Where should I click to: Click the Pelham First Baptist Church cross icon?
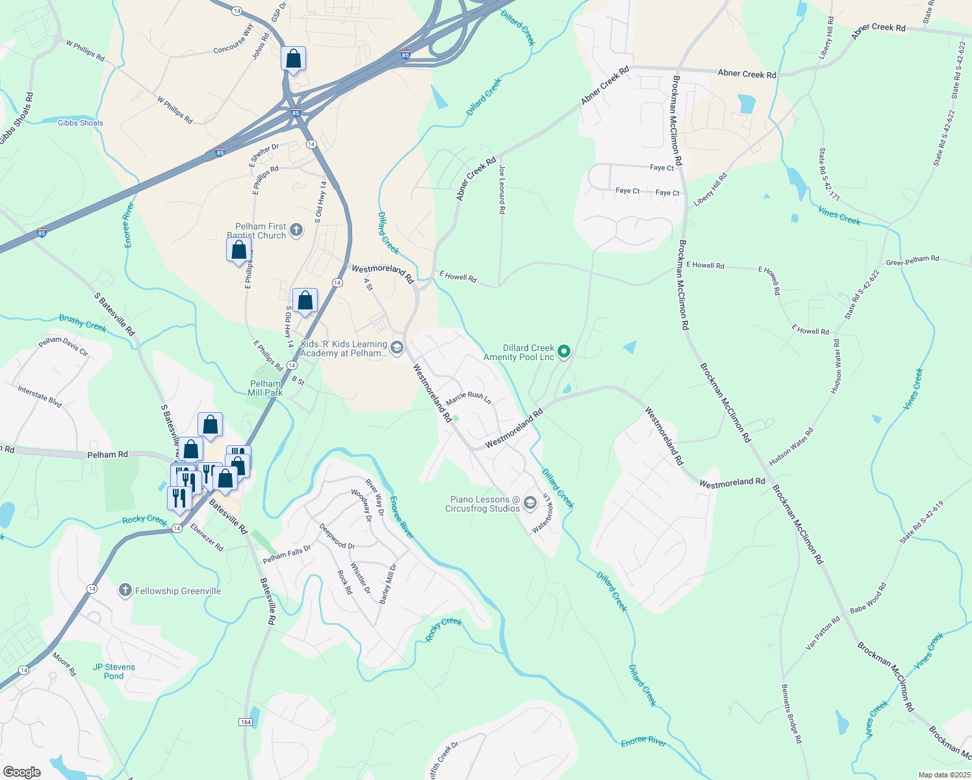pyautogui.click(x=296, y=229)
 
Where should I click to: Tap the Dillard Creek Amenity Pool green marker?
pyautogui.click(x=565, y=352)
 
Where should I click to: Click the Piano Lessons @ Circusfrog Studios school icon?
pyautogui.click(x=530, y=503)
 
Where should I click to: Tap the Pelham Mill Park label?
pyautogui.click(x=265, y=388)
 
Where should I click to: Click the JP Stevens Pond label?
pyautogui.click(x=114, y=671)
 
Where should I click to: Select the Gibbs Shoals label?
pyautogui.click(x=80, y=123)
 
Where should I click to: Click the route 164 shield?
pyautogui.click(x=246, y=722)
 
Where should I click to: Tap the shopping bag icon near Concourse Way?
pyautogui.click(x=294, y=58)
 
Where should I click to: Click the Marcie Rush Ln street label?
pyautogui.click(x=468, y=398)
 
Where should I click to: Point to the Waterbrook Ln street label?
pyautogui.click(x=543, y=513)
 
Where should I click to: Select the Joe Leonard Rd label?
pyautogui.click(x=502, y=189)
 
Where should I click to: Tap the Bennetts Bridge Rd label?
pyautogui.click(x=791, y=714)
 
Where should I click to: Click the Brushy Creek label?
pyautogui.click(x=83, y=322)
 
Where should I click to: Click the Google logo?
pyautogui.click(x=22, y=772)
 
